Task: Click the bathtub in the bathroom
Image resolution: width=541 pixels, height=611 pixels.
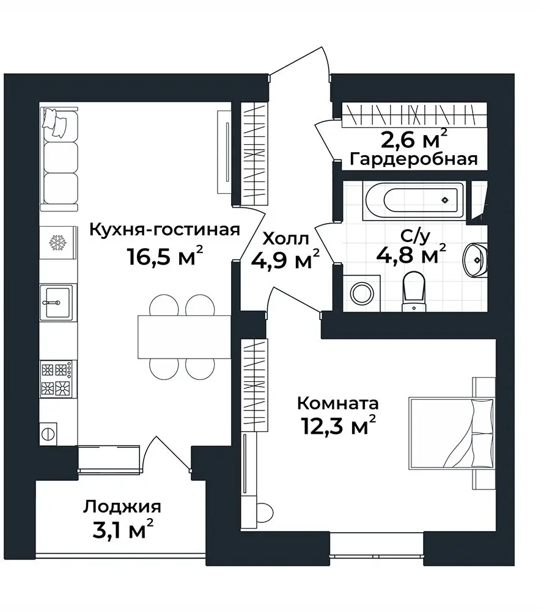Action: point(414,200)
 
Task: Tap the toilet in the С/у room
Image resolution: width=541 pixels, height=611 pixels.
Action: point(414,291)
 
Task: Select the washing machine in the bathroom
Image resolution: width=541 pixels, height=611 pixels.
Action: point(361,293)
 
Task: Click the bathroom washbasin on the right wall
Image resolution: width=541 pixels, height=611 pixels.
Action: point(475,260)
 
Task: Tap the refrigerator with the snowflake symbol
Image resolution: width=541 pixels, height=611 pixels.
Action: point(58,243)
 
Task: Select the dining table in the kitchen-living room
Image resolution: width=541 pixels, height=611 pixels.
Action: point(185,337)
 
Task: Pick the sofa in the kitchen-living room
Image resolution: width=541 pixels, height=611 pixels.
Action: point(59,159)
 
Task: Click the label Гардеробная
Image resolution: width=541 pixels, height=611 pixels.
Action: point(414,159)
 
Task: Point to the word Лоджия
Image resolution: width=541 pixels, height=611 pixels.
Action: point(122,508)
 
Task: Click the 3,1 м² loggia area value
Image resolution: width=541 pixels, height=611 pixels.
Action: point(123,529)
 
